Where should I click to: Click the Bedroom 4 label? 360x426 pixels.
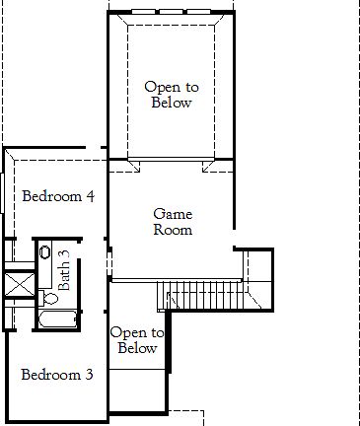58,196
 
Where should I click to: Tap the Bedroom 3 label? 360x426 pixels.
57,375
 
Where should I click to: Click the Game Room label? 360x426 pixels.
173,222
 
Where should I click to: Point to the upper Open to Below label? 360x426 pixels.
168,95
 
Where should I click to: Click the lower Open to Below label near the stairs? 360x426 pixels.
137,340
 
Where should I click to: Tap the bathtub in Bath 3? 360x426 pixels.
58,319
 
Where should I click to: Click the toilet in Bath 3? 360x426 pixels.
48,294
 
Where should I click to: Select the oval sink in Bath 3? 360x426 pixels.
46,252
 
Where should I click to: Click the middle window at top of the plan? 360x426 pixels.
169,11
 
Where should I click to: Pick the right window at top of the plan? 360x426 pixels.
198,11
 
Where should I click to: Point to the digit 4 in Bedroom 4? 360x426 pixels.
90,196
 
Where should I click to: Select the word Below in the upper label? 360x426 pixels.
168,103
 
